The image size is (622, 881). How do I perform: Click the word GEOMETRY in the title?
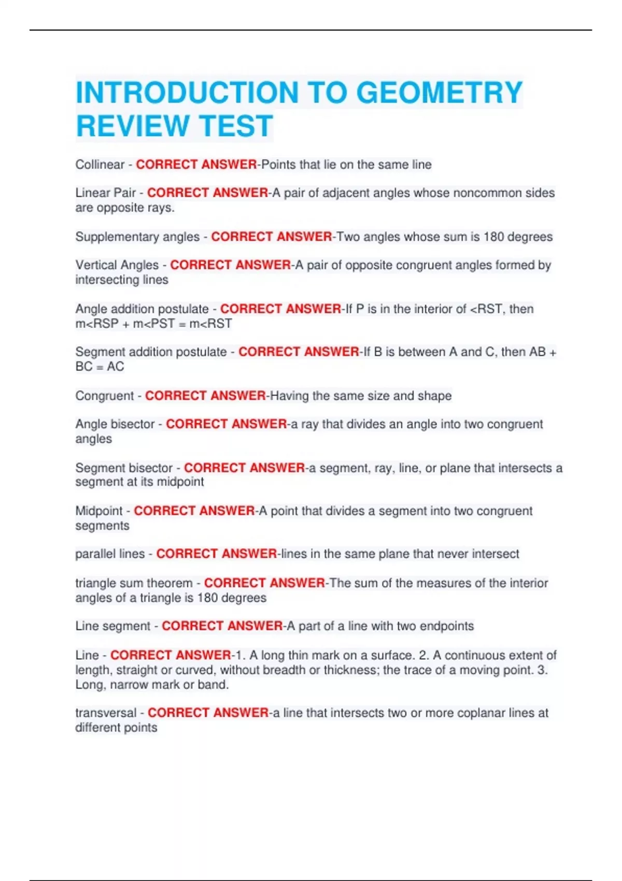coord(439,93)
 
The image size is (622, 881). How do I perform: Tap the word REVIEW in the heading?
coord(132,126)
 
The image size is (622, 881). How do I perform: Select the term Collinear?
coord(100,165)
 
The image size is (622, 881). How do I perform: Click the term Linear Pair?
coord(106,193)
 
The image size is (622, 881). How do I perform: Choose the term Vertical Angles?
coord(117,265)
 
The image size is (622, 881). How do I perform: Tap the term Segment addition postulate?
coord(151,352)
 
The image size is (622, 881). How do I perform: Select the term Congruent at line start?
coord(105,396)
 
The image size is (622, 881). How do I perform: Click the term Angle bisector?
coord(115,424)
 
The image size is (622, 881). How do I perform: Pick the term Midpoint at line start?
coord(99,511)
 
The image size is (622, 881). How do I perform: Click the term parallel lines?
coord(110,554)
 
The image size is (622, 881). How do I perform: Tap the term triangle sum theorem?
coord(134,583)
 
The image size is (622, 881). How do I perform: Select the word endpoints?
coord(446,626)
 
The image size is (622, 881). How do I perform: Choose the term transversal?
coord(106,713)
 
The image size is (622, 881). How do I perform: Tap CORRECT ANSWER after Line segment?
coord(222,626)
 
